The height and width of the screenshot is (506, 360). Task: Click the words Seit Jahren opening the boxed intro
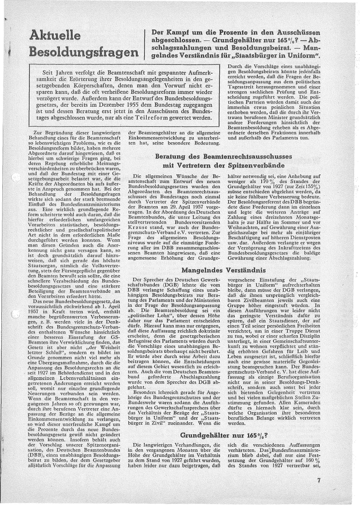[x=57, y=73]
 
